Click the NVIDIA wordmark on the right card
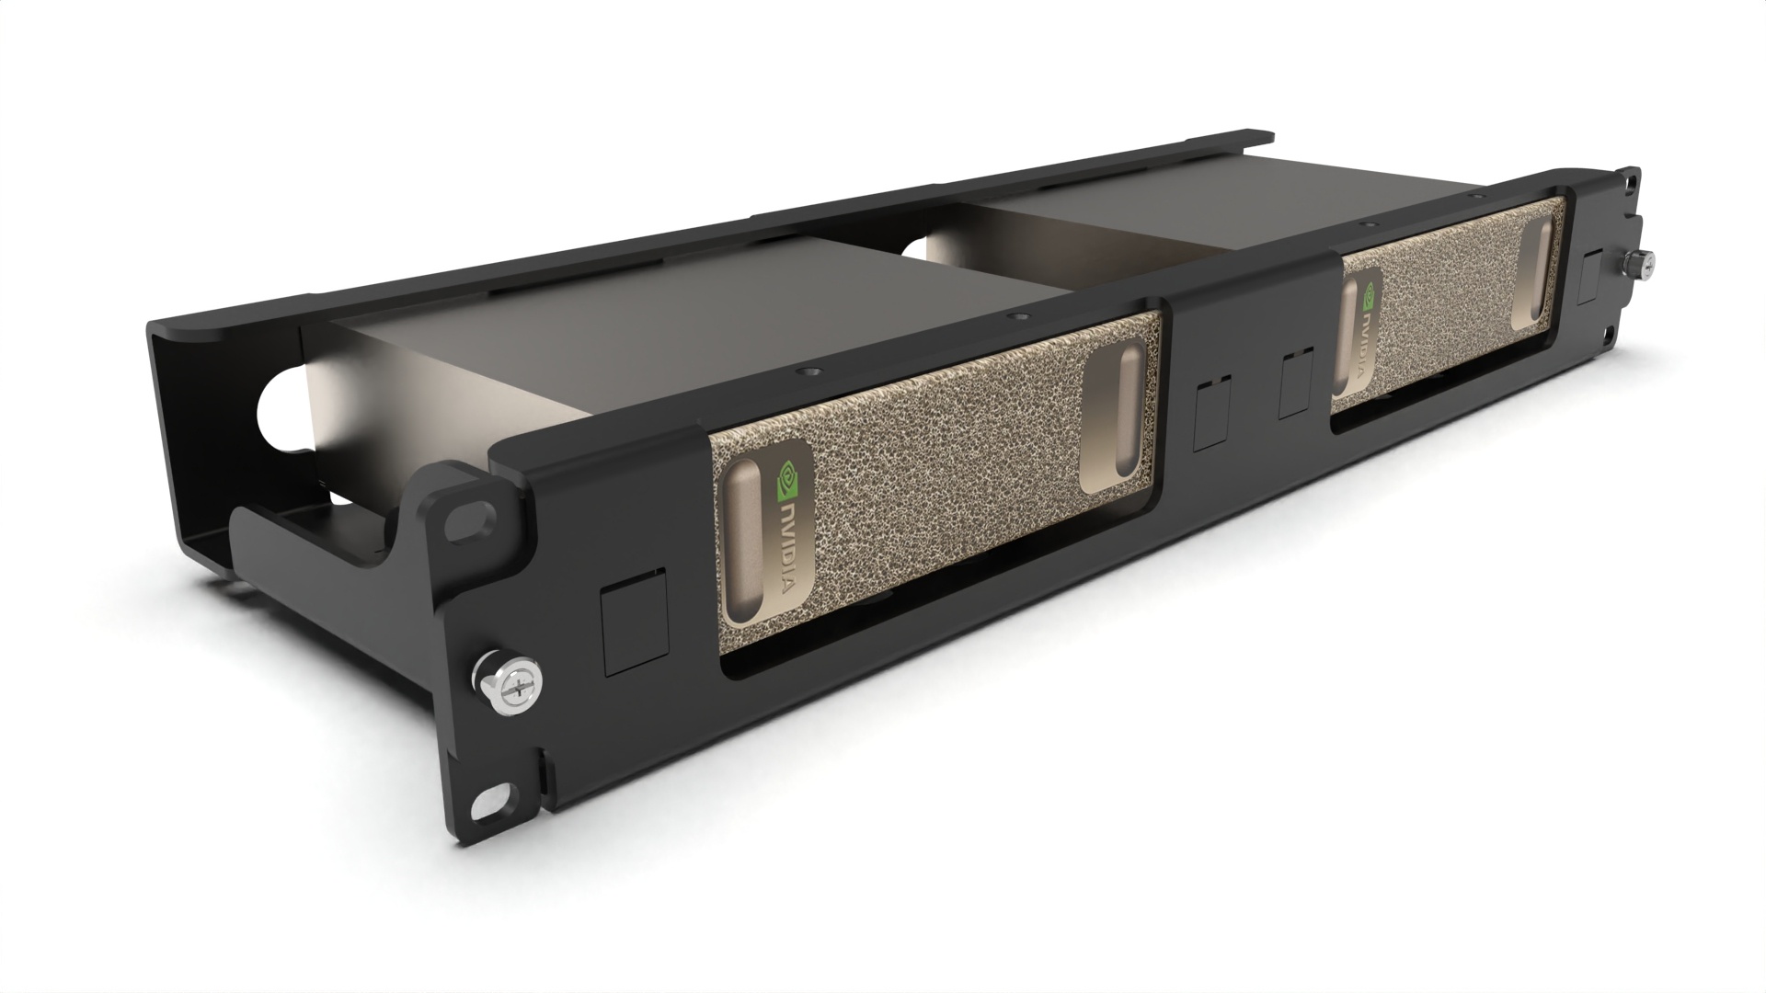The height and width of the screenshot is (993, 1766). tap(1370, 340)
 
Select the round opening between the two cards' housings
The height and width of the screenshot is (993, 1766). tap(921, 246)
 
